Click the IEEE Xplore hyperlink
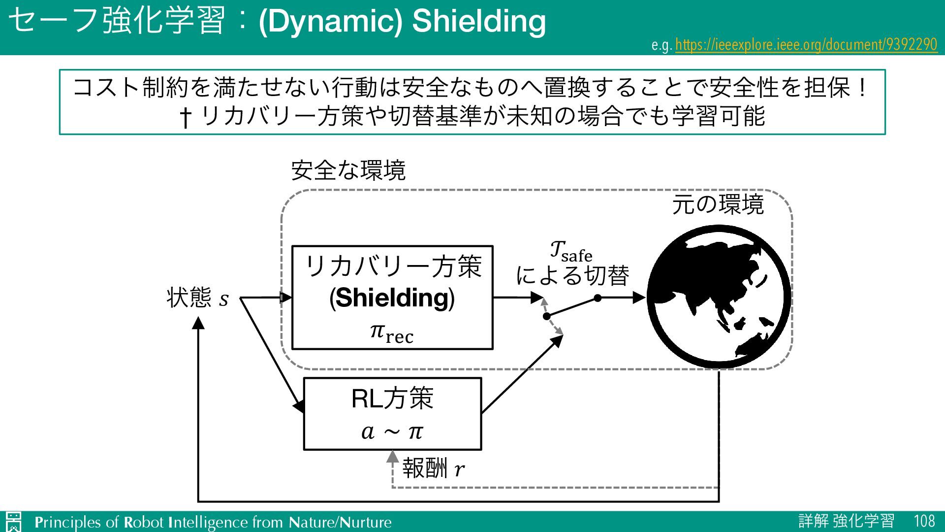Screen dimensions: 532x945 tap(806, 45)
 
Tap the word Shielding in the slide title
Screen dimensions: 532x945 tap(478, 21)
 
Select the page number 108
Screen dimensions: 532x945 tap(924, 521)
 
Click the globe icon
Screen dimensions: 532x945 tap(719, 297)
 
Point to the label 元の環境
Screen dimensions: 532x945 tap(718, 204)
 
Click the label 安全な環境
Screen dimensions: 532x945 tap(348, 170)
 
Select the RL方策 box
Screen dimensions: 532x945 tap(392, 413)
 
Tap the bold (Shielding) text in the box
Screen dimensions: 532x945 tap(392, 298)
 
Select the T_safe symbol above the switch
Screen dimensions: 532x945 tap(571, 251)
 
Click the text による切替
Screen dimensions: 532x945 tap(572, 276)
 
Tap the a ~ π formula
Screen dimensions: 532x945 tap(392, 432)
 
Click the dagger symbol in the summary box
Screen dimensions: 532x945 tap(185, 117)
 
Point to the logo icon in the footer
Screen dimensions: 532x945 tap(14, 522)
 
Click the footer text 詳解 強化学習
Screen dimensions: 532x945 tap(846, 521)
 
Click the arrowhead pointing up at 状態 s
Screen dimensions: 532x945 tap(198, 323)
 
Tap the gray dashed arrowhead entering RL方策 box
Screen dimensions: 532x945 tap(392, 457)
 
